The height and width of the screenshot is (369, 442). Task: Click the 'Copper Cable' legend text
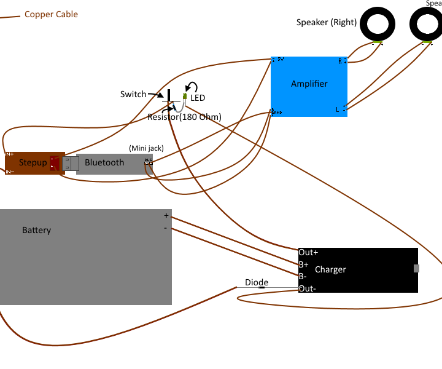(x=51, y=14)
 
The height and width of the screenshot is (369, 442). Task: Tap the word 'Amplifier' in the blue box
(x=309, y=84)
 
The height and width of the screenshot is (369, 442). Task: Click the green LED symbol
(x=184, y=96)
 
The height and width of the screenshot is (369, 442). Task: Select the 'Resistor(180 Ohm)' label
(x=184, y=117)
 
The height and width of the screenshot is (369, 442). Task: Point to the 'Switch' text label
(x=133, y=94)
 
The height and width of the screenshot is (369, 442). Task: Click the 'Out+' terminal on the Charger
(x=308, y=252)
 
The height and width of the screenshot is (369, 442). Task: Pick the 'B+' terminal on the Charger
(x=303, y=264)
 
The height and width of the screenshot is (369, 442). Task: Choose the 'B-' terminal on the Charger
(x=303, y=276)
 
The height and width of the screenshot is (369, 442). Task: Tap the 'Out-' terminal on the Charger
(x=307, y=288)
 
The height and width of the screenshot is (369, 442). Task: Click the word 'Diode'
(x=257, y=282)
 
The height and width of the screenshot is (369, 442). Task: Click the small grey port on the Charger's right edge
(x=417, y=268)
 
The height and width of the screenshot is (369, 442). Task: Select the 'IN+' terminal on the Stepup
(x=9, y=154)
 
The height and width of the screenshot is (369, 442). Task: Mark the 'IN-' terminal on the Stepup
(x=9, y=172)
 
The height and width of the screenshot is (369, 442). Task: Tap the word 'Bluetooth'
(x=104, y=162)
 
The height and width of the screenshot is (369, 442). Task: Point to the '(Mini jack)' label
(x=146, y=148)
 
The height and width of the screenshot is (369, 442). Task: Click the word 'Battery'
(x=36, y=230)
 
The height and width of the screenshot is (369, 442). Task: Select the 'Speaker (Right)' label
(x=326, y=22)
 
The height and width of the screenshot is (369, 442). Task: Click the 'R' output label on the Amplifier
(x=340, y=61)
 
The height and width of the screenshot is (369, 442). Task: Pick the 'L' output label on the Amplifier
(x=337, y=109)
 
